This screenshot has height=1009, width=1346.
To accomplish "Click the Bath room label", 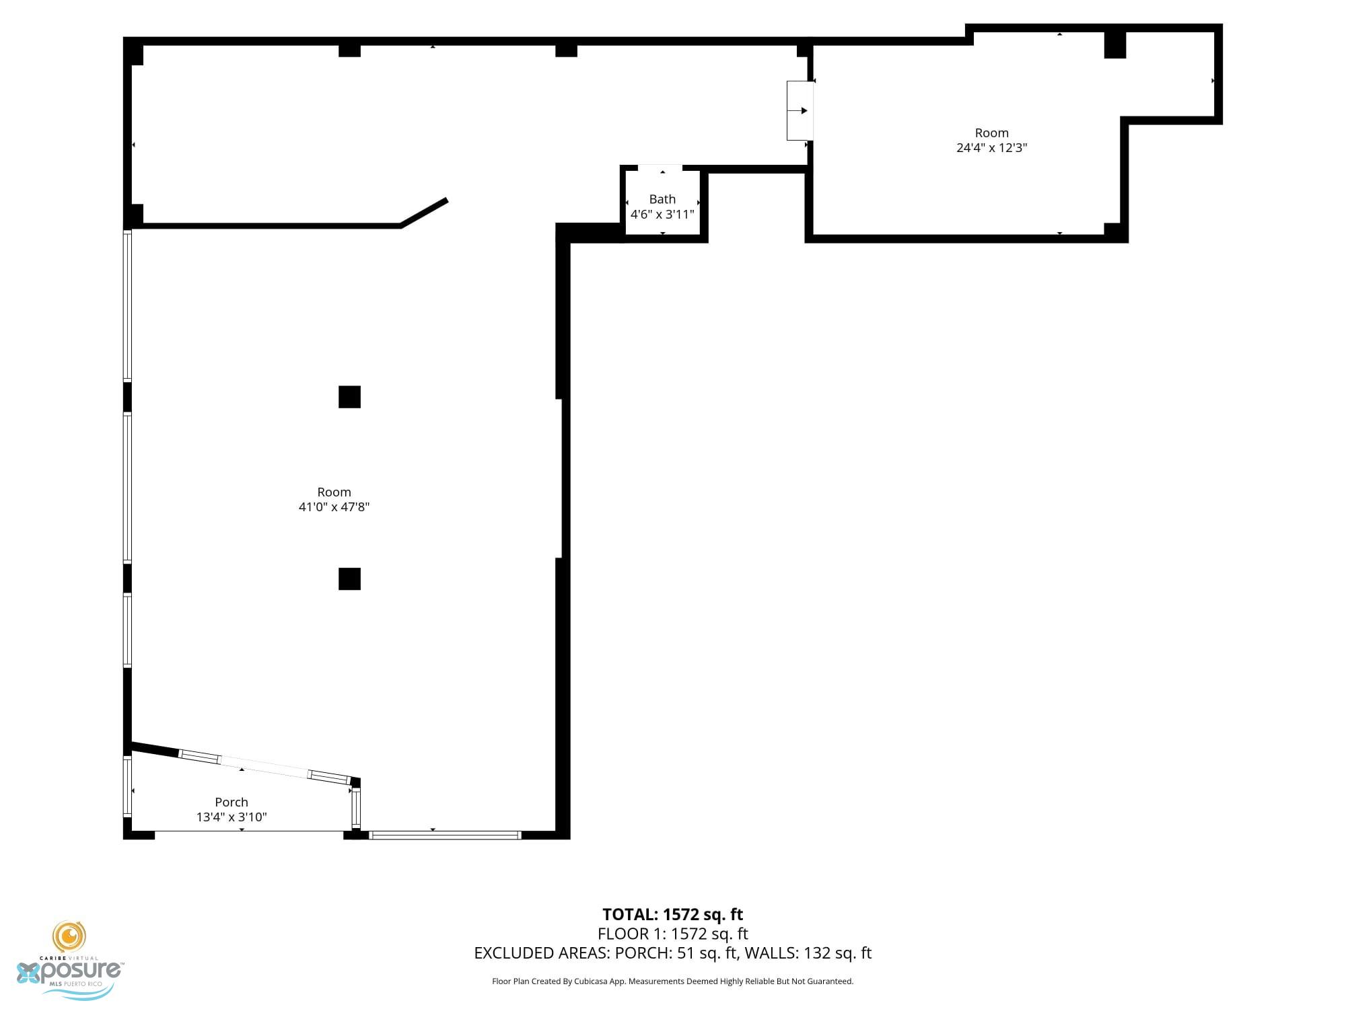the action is [662, 199].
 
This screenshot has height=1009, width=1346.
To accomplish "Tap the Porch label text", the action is [232, 802].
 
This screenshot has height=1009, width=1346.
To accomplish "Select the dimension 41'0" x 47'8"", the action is [334, 507].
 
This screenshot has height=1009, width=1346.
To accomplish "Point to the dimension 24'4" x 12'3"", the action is [991, 148].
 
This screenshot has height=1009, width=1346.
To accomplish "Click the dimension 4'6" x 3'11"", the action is [662, 215].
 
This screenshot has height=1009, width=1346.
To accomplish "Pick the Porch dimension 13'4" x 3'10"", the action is [232, 817].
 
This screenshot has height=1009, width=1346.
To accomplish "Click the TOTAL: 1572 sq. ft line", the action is [672, 915].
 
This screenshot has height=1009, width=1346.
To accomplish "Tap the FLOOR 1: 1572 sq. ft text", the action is [672, 934].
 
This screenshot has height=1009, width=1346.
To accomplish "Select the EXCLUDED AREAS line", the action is [672, 953].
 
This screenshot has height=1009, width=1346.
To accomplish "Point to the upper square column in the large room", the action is [349, 397].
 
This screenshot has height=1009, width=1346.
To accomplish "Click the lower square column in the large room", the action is [349, 578].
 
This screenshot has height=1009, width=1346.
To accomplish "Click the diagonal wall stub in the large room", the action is [424, 213].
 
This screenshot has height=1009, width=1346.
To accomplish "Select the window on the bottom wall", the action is [446, 835].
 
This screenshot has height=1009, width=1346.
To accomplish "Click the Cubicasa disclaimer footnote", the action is [672, 981].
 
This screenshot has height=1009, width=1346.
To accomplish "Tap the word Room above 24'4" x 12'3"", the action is [991, 133].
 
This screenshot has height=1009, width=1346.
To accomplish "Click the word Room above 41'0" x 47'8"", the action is [334, 492].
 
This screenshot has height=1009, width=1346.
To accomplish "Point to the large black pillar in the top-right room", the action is [1115, 44].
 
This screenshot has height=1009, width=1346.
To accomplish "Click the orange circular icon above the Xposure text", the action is [69, 936].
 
